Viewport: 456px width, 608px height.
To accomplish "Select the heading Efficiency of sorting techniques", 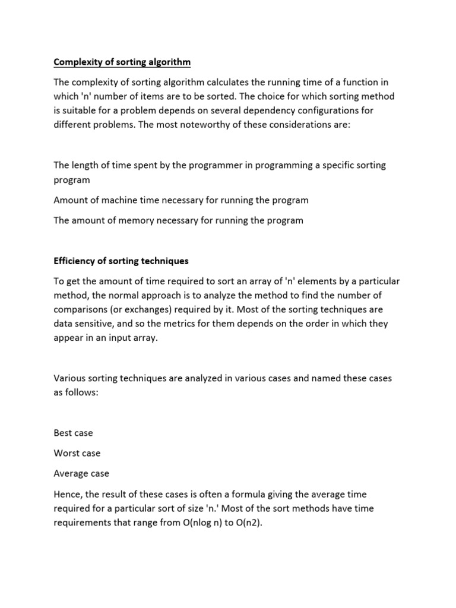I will coord(121,261).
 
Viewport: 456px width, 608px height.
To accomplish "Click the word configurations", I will coord(332,110).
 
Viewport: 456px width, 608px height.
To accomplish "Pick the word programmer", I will coord(207,165).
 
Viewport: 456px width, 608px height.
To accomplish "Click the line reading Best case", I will coord(73,433).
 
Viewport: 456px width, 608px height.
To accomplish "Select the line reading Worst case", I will coord(77,453).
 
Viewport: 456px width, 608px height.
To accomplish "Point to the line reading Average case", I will coord(81,473).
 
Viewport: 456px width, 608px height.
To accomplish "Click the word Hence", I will coord(66,494).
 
